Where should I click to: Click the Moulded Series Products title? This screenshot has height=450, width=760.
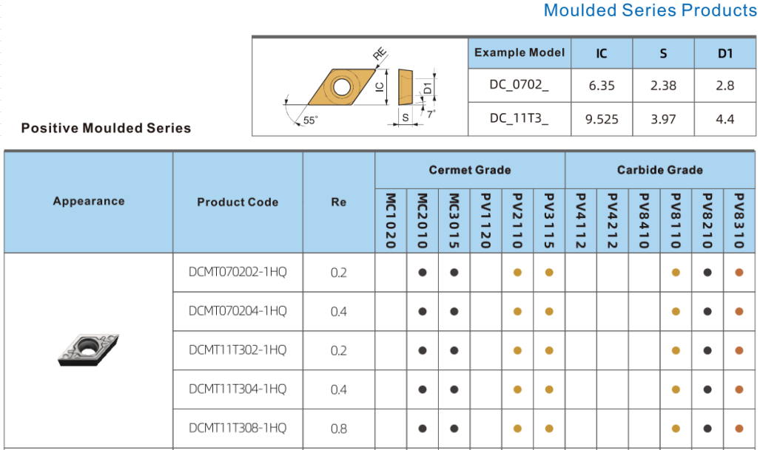(x=650, y=10)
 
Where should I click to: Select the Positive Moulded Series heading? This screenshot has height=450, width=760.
(x=106, y=129)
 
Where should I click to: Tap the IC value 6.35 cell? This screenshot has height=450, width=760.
(x=602, y=86)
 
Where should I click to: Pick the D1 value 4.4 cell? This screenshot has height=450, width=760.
(x=725, y=119)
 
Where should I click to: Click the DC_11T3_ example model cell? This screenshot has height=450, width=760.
(x=519, y=118)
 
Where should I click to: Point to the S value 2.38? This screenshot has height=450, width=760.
(x=663, y=86)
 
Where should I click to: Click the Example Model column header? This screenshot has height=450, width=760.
(x=519, y=52)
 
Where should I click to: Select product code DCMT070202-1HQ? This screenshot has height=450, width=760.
(x=238, y=272)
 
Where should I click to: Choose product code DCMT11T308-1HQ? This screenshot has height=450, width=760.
(x=238, y=429)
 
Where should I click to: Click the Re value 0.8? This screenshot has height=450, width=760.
(x=339, y=429)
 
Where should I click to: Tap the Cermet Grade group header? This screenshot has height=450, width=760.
(x=470, y=170)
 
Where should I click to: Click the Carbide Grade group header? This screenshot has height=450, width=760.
(x=659, y=170)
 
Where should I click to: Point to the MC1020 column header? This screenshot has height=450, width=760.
(x=391, y=221)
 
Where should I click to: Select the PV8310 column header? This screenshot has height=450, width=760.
(x=739, y=221)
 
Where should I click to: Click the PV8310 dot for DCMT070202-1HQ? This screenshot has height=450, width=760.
(x=739, y=273)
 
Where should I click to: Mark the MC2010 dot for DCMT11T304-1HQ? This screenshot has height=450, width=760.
(x=423, y=389)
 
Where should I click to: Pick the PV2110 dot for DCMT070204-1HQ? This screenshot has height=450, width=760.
(x=518, y=312)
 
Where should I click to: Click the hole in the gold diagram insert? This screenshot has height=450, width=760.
(x=342, y=87)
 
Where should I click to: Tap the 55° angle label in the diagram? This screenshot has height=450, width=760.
(x=310, y=120)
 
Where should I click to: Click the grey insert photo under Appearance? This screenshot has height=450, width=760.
(x=89, y=350)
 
